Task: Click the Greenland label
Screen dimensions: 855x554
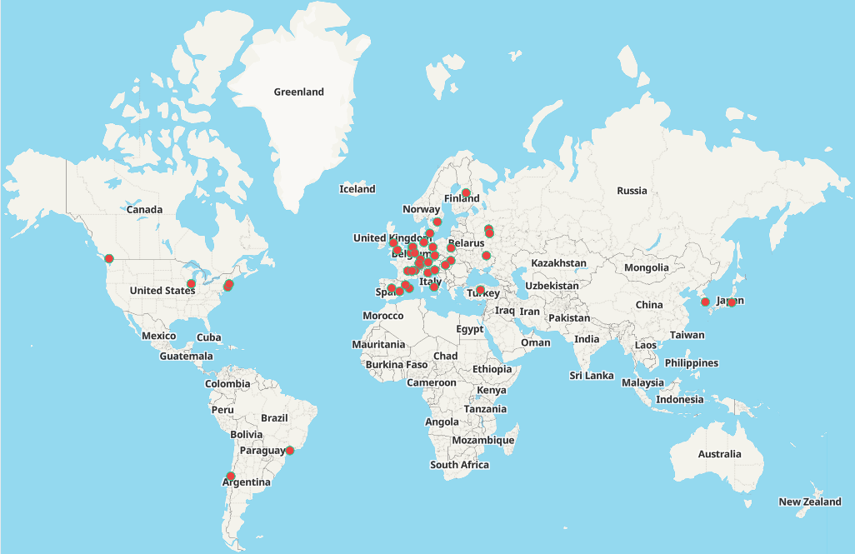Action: [x=298, y=92]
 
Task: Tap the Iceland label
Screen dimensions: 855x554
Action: [x=357, y=189]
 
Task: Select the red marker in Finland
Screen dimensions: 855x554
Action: [x=466, y=193]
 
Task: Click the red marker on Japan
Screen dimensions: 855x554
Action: [x=731, y=302]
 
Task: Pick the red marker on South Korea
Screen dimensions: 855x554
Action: [x=705, y=302]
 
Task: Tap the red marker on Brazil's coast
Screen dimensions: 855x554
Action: [x=290, y=451]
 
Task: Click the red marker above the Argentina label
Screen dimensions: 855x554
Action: [x=231, y=477]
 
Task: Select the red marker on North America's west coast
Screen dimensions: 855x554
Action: [x=108, y=258]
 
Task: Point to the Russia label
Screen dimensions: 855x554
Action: [x=632, y=191]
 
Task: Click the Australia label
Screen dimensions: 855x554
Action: [x=719, y=454]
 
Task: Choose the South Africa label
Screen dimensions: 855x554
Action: [x=459, y=465]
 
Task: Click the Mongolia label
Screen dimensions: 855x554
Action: [x=647, y=267]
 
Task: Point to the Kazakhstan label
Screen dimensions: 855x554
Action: [x=558, y=262]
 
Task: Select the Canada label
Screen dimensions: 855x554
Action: [x=144, y=209]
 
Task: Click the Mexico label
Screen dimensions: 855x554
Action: [x=158, y=336]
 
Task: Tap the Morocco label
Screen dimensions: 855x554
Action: [x=383, y=316]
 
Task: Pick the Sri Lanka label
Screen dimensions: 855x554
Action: [x=592, y=376]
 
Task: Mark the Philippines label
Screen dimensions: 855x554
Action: [x=691, y=363]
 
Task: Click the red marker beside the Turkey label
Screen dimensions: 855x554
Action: [x=480, y=290]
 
